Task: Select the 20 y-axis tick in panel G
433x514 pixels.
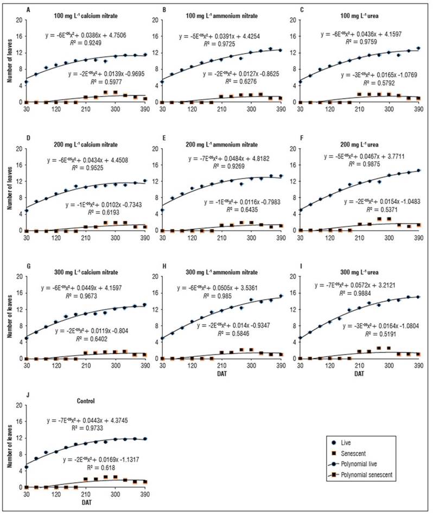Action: click(x=18, y=277)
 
